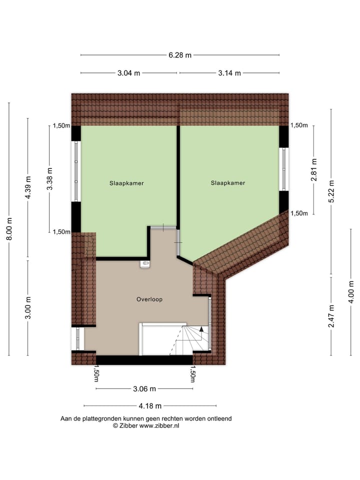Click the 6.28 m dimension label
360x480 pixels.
[180, 55]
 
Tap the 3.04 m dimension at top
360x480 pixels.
[128, 73]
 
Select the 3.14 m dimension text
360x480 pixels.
[229, 73]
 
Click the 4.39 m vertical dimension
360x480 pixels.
[28, 188]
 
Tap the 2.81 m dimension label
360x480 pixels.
[314, 169]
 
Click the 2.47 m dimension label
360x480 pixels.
[331, 316]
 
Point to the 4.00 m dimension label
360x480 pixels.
[351, 292]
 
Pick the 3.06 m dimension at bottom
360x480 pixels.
[144, 389]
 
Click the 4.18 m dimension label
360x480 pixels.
[150, 406]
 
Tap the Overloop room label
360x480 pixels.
[149, 299]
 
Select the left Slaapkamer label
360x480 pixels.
[127, 183]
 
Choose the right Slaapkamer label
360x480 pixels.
[228, 183]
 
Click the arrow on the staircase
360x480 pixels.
[202, 329]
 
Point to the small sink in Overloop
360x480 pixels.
[145, 263]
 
